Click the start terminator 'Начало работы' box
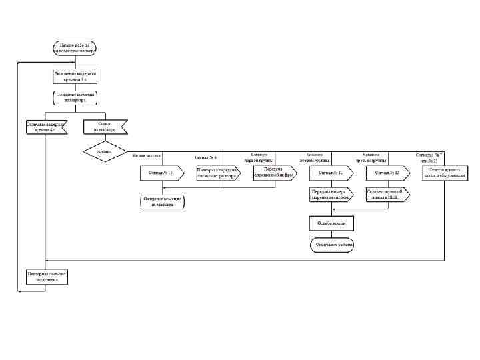[75, 47]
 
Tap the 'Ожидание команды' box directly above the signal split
[75, 97]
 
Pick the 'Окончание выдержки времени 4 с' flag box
[46, 127]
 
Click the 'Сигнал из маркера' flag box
[105, 127]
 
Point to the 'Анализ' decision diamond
[105, 151]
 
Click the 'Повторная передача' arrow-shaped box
[218, 173]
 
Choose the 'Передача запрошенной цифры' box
[275, 173]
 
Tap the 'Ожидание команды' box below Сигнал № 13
[162, 202]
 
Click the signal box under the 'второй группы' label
[331, 173]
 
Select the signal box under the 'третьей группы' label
[388, 173]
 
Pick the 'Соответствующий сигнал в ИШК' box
[388, 194]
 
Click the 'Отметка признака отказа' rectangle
[444, 173]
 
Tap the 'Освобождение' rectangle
[331, 223]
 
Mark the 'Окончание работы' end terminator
[331, 245]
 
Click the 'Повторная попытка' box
[46, 277]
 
